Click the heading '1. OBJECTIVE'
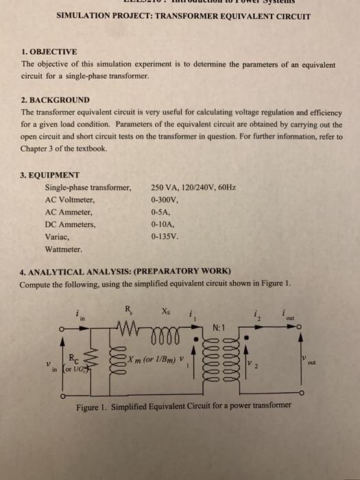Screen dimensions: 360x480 click(49, 51)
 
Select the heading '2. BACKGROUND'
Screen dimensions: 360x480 click(55, 99)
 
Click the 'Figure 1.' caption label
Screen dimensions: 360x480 click(93, 404)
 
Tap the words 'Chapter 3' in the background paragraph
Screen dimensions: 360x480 click(41, 148)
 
